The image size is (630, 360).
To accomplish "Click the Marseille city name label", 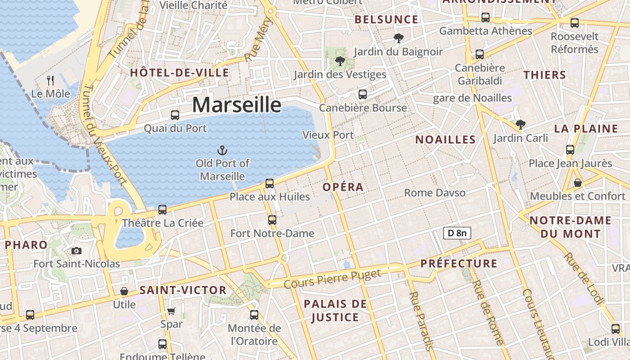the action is click(237, 105).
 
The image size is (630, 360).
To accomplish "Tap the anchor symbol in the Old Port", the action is click(222, 150).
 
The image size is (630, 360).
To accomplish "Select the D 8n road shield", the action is click(457, 233).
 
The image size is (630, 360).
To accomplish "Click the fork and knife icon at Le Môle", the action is click(50, 81).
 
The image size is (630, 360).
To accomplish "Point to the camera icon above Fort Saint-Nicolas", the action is click(76, 251).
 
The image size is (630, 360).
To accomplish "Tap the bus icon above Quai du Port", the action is click(175, 115).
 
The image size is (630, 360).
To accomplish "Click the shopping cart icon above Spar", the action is click(171, 311).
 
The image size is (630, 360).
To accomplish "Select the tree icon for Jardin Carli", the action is click(521, 124).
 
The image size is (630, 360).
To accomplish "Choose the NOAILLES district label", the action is click(445, 139).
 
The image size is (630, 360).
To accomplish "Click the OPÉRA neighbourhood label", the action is click(343, 187).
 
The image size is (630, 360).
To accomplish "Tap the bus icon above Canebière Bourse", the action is click(363, 94).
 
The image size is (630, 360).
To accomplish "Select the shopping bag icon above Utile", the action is click(124, 291).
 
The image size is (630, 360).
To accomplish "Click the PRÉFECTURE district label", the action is click(459, 263).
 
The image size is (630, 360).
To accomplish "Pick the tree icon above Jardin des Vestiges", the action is click(340, 61).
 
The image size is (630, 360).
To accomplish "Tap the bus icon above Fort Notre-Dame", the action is click(272, 220).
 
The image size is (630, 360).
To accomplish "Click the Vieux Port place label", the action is click(328, 135).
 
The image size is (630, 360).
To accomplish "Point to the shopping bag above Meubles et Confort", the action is click(578, 183).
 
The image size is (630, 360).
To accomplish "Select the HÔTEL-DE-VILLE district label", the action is click(180, 72).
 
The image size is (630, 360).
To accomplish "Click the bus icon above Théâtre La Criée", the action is click(162, 209).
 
